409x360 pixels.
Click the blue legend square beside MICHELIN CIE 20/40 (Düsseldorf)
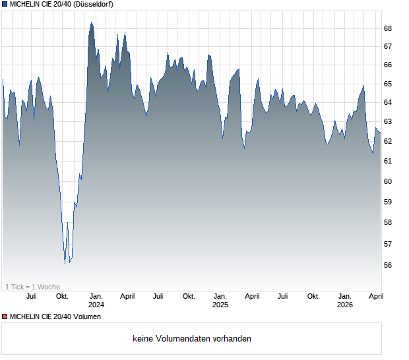pyautogui.click(x=5, y=5)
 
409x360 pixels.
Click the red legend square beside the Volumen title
pyautogui.click(x=5, y=317)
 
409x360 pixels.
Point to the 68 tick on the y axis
pyautogui.click(x=388, y=28)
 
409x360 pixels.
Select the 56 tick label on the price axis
pyautogui.click(x=388, y=265)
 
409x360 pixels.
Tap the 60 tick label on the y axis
pyautogui.click(x=388, y=181)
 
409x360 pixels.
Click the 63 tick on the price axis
pyautogui.click(x=388, y=121)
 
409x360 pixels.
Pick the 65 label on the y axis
pyautogui.click(x=388, y=84)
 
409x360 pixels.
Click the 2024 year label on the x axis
pyautogui.click(x=96, y=305)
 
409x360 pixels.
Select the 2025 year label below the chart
pyautogui.click(x=220, y=305)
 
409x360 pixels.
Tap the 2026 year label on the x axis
pyautogui.click(x=344, y=305)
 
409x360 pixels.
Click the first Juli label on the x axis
pyautogui.click(x=31, y=296)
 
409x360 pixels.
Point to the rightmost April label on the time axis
pyautogui.click(x=375, y=296)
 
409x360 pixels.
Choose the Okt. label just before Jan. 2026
pyautogui.click(x=313, y=296)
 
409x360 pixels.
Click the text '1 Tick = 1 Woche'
pyautogui.click(x=32, y=286)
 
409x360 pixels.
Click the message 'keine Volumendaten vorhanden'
pyautogui.click(x=192, y=339)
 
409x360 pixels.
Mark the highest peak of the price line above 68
pyautogui.click(x=91, y=22)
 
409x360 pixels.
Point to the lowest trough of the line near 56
pyautogui.click(x=65, y=264)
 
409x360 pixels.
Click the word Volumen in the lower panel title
pyautogui.click(x=88, y=317)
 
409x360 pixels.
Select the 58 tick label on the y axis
pyautogui.click(x=388, y=222)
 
